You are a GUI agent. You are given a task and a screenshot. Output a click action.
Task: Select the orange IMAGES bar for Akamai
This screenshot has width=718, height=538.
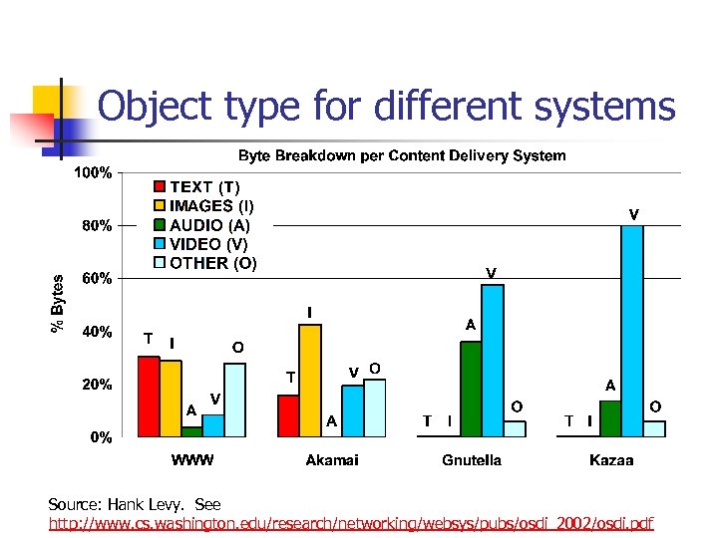point(310,381)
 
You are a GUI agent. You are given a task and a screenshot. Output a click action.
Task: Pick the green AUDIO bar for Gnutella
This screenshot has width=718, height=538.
point(471,389)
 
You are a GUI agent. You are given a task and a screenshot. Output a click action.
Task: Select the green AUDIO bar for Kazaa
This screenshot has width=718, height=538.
point(610,418)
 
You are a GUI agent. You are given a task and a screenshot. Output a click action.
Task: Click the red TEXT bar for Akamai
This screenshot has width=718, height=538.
point(288,416)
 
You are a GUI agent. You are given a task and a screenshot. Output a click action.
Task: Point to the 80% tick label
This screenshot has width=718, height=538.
point(97,225)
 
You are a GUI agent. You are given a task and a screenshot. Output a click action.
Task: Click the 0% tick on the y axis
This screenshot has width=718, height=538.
point(101,436)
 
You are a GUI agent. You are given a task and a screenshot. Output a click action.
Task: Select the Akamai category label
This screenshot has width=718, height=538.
point(332,460)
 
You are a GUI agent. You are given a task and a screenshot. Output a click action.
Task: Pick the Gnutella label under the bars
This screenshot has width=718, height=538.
point(472,460)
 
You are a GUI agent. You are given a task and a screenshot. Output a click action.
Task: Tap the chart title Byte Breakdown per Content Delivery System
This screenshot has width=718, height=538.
point(401,156)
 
